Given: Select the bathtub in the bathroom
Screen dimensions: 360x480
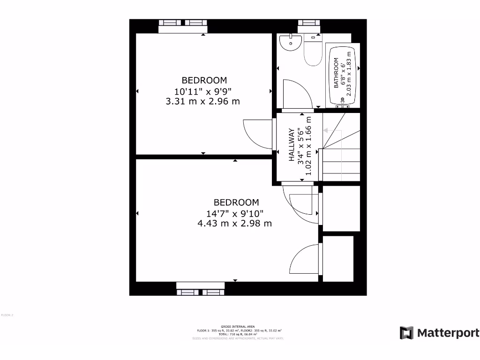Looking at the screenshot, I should [x=344, y=76].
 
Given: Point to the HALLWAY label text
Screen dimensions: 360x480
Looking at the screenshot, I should [x=291, y=145].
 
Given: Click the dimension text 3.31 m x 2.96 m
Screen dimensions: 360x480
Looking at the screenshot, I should [x=203, y=101].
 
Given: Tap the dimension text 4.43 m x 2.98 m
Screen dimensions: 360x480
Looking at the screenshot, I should [x=235, y=223].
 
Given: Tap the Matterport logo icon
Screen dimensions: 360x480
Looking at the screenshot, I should [x=406, y=333].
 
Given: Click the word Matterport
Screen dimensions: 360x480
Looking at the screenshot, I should [x=448, y=333].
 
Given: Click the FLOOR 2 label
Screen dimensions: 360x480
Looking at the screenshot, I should [x=7, y=315].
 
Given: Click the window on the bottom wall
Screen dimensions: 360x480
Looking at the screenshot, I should [x=200, y=292].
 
